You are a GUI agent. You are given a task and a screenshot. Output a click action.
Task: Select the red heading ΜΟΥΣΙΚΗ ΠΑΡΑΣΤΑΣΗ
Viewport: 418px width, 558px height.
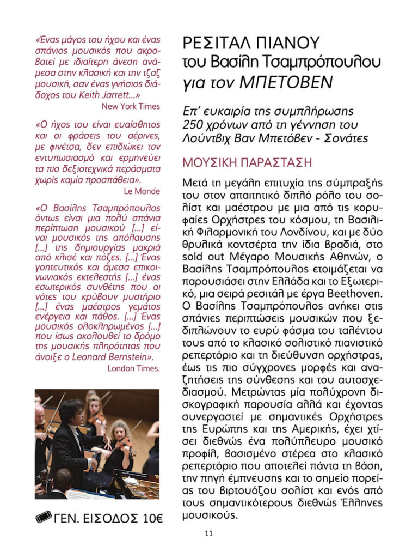(247, 163)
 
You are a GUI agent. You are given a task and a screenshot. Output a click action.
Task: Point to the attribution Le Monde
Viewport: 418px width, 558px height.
(142, 191)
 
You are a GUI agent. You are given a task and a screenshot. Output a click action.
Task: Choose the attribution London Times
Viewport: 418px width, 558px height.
(133, 368)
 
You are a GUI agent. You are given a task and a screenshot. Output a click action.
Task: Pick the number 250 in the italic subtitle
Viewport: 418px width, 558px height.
(195, 125)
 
